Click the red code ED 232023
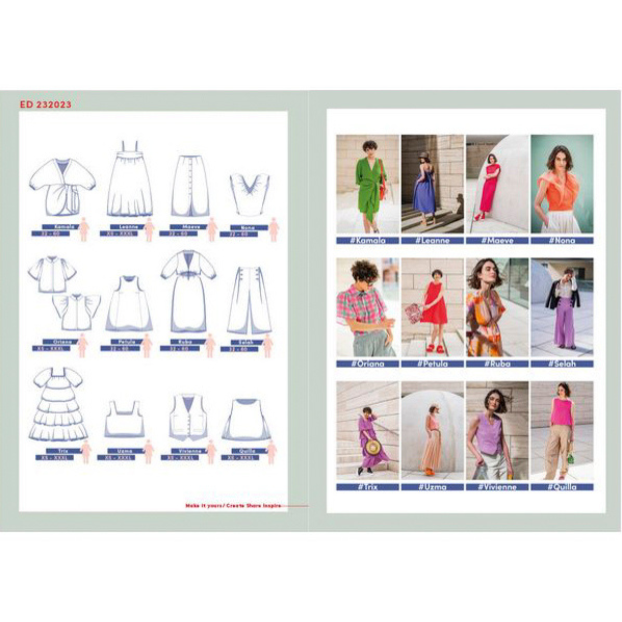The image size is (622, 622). coord(46,104)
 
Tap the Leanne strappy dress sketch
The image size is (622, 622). coord(130,181)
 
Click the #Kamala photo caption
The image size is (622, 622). coord(367,241)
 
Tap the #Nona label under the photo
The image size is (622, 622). coord(561,241)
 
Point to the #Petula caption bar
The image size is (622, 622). coord(432,364)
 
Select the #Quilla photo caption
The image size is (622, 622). coord(561,487)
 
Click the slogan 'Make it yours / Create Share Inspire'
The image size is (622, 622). coord(233,505)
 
